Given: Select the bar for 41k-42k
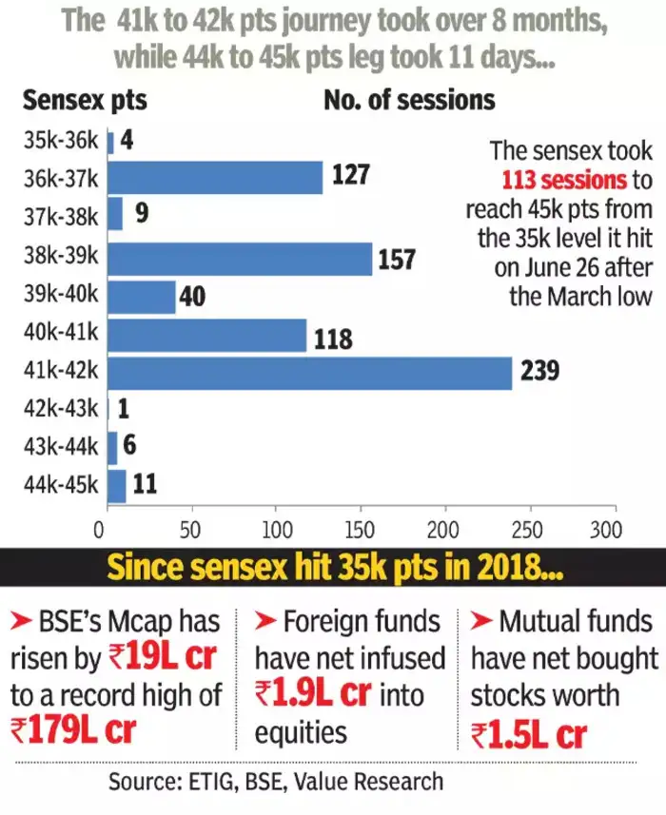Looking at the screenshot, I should pyautogui.click(x=310, y=372).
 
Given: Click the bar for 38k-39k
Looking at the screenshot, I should pyautogui.click(x=240, y=259).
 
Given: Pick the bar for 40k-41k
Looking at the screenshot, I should pyautogui.click(x=207, y=335).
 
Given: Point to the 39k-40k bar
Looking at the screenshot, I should pyautogui.click(x=142, y=297).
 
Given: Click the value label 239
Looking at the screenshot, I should pyautogui.click(x=539, y=372).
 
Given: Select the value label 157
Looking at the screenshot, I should pyautogui.click(x=397, y=259).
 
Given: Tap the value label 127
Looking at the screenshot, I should pyautogui.click(x=349, y=177).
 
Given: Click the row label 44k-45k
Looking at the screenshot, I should pyautogui.click(x=59, y=485).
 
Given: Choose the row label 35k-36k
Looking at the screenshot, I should pyautogui.click(x=59, y=141).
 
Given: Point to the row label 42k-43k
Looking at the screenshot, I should pyautogui.click(x=59, y=410).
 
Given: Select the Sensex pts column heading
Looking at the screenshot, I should pyautogui.click(x=86, y=99).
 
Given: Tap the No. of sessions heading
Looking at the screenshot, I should pyautogui.click(x=410, y=99).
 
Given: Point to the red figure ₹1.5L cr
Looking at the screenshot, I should pyautogui.click(x=529, y=733).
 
